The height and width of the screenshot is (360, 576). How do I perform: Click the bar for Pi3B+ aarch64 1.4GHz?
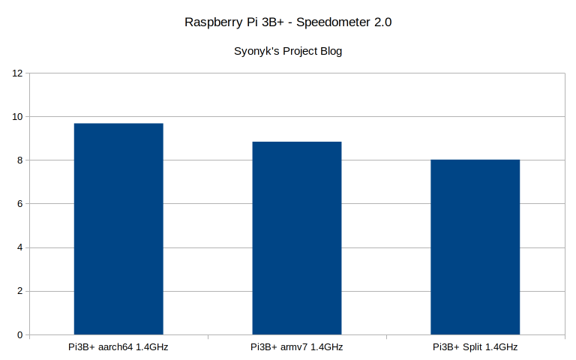118,229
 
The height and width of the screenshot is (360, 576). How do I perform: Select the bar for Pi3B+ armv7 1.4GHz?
297,238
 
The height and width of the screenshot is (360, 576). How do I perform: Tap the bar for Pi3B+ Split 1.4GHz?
475,247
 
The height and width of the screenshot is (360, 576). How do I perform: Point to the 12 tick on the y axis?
17,73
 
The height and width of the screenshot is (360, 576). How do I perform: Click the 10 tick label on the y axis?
17,117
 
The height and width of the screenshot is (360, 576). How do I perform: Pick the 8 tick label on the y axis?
20,160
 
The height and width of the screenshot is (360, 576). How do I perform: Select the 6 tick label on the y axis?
20,204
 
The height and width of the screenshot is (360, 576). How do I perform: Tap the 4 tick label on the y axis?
20,247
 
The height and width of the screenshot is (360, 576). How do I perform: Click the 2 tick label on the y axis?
20,291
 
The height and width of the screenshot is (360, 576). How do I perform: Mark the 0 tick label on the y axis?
20,335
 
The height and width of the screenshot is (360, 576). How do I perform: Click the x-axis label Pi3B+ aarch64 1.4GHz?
118,347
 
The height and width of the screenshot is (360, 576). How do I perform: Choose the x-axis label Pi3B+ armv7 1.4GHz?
297,347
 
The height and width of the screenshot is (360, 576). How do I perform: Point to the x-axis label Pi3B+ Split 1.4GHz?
475,347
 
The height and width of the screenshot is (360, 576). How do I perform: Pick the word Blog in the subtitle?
330,52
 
